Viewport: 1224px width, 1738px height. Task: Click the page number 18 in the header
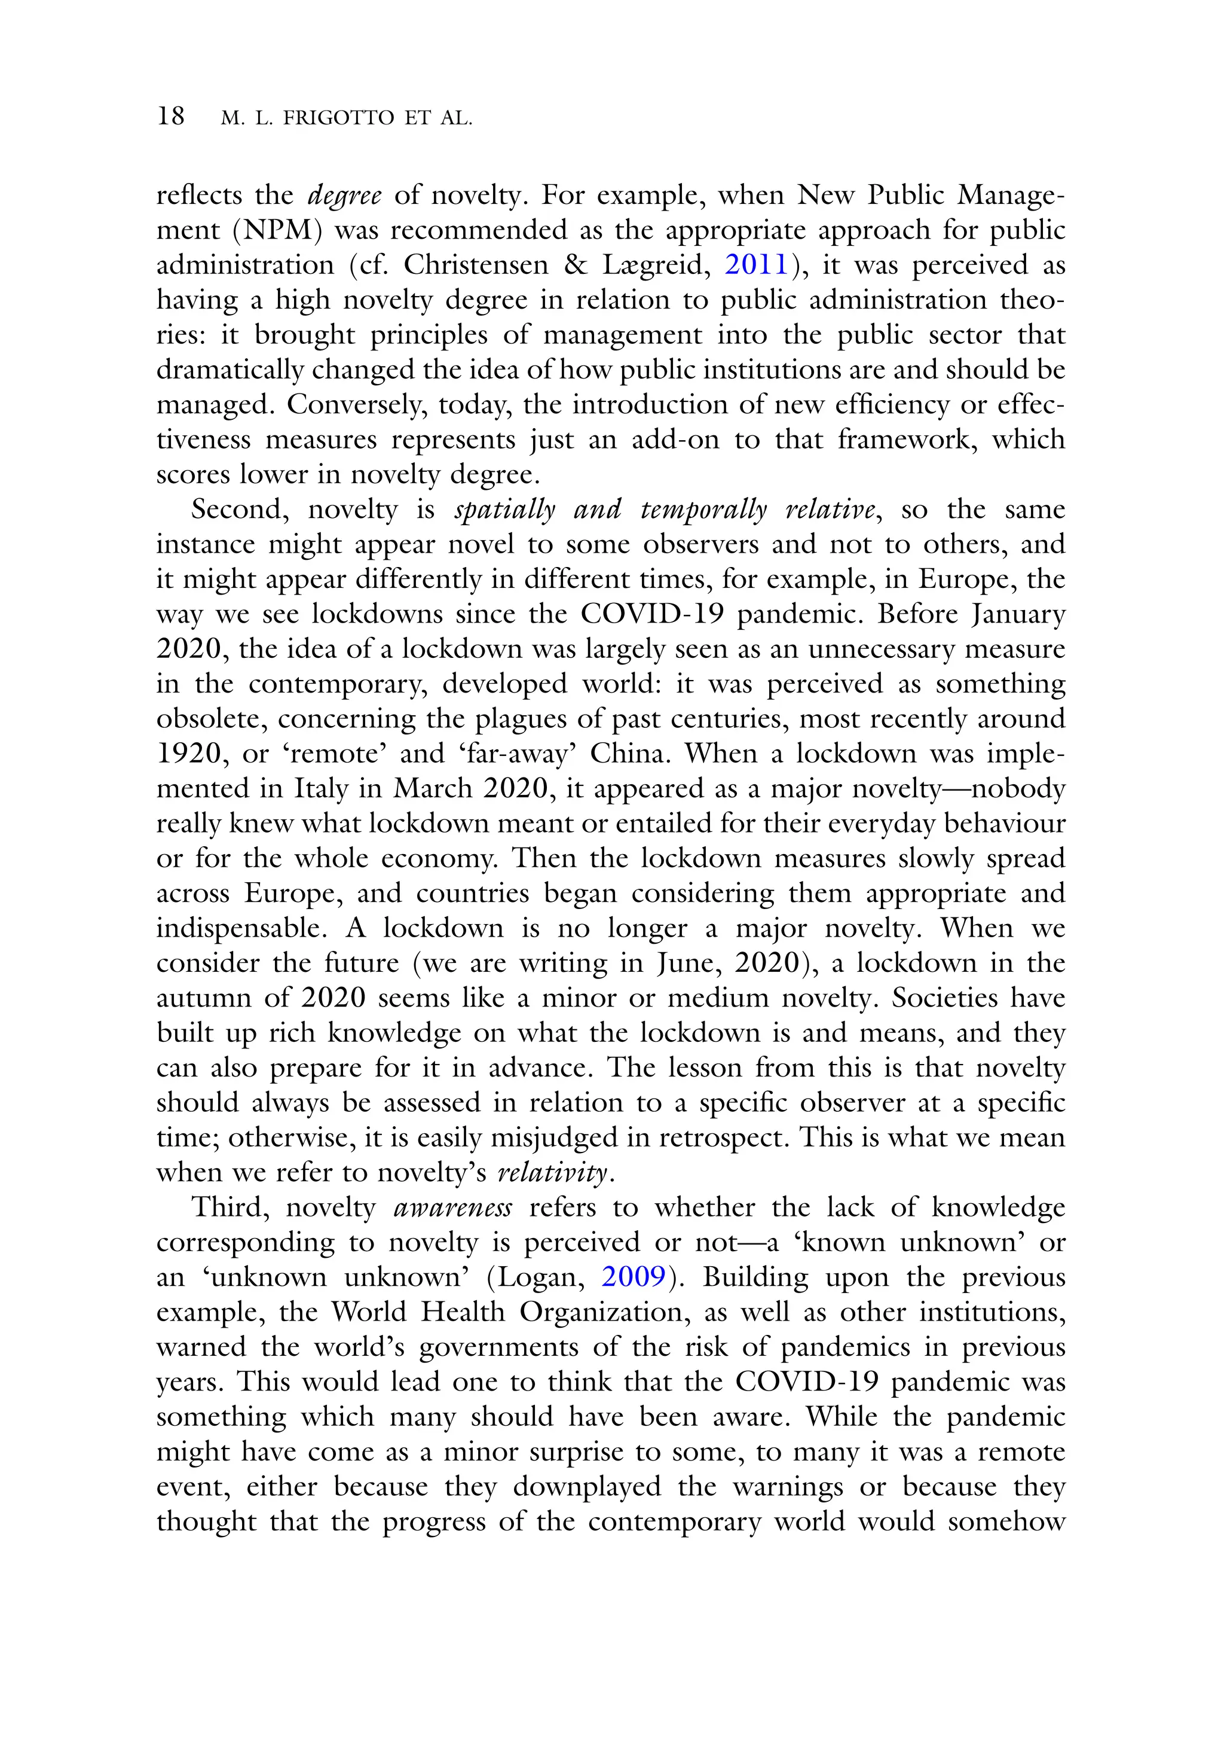pyautogui.click(x=170, y=116)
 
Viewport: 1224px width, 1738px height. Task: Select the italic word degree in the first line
pyautogui.click(x=344, y=196)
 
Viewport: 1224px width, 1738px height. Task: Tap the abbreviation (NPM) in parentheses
pyautogui.click(x=278, y=231)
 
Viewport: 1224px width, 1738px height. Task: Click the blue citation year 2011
pyautogui.click(x=757, y=266)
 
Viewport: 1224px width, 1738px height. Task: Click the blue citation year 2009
pyautogui.click(x=633, y=1277)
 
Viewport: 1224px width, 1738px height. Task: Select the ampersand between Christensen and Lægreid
pyautogui.click(x=577, y=266)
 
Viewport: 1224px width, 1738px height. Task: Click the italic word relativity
pyautogui.click(x=553, y=1173)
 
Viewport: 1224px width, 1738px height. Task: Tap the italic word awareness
pyautogui.click(x=452, y=1208)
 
